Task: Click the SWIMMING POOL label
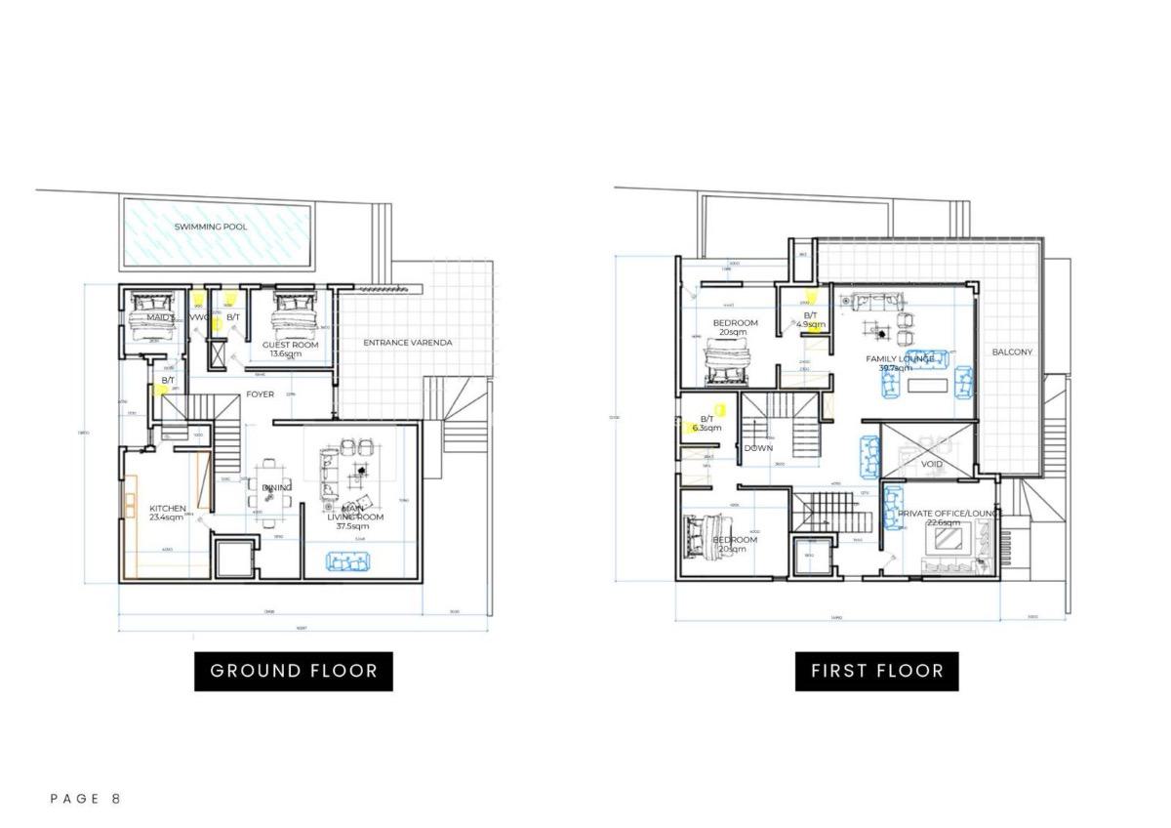(211, 227)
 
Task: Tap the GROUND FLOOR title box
(294, 671)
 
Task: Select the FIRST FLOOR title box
(877, 671)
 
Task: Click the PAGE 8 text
(86, 799)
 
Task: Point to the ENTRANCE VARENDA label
(408, 343)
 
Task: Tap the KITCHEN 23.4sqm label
(167, 514)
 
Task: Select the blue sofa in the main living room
(347, 560)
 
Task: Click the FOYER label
(260, 394)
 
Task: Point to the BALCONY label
(1012, 352)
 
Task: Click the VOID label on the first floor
(932, 464)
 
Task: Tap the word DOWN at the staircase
(758, 448)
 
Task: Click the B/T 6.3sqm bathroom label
(707, 423)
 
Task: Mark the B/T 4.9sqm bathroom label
(810, 319)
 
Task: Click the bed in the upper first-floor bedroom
(724, 368)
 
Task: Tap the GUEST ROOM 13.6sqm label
(290, 349)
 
